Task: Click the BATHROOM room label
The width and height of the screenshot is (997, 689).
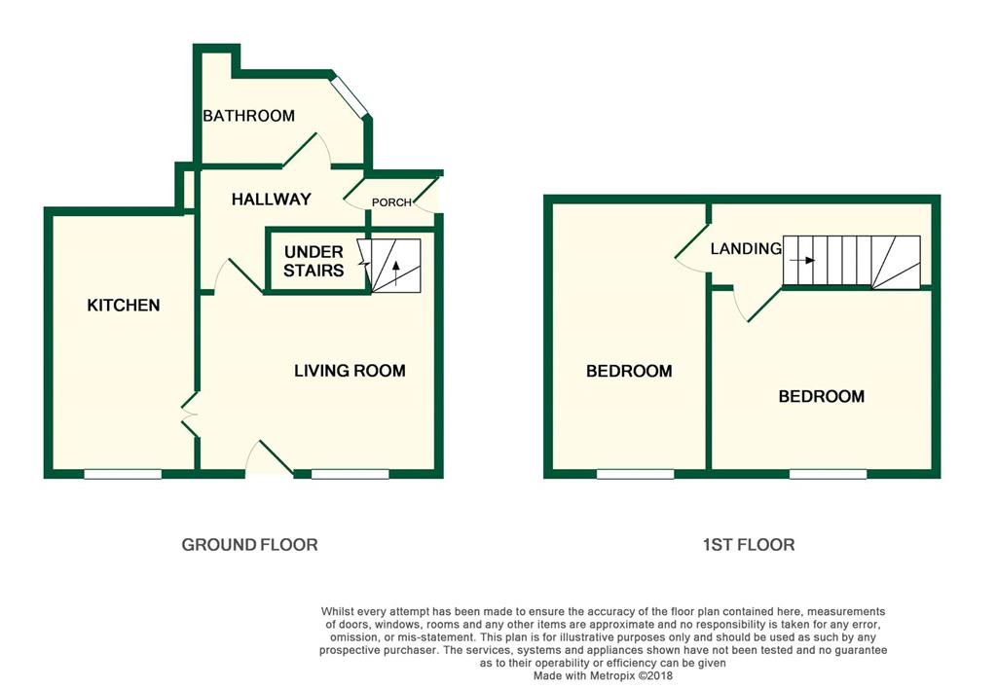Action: tap(248, 116)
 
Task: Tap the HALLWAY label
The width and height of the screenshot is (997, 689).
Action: tap(271, 199)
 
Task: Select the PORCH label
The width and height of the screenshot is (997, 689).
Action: tap(392, 202)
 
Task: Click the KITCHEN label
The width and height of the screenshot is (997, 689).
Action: tap(124, 306)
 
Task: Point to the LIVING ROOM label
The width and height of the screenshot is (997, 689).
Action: tap(350, 371)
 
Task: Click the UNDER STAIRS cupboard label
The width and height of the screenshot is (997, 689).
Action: tap(314, 262)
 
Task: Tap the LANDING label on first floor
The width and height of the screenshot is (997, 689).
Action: tap(746, 249)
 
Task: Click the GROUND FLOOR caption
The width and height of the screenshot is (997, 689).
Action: tap(249, 545)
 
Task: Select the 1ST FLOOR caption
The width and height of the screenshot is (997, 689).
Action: tap(748, 545)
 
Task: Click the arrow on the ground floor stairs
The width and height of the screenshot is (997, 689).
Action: tap(395, 272)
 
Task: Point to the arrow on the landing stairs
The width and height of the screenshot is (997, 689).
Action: tap(802, 261)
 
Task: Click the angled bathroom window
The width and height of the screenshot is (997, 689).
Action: tap(349, 96)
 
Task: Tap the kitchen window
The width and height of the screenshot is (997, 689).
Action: tap(123, 474)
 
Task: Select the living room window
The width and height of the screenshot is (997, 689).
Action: tap(350, 474)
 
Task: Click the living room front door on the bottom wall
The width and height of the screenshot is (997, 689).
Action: tap(270, 459)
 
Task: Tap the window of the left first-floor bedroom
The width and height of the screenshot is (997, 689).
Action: tap(635, 474)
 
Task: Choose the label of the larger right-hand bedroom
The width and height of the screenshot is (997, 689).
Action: tap(821, 397)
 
